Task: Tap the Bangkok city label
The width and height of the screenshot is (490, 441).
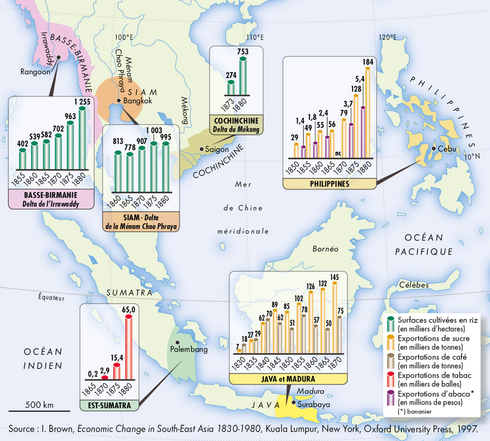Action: (x=138, y=101)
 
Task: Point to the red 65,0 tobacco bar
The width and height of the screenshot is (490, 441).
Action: (x=129, y=347)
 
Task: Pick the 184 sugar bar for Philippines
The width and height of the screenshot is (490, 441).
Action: (x=367, y=112)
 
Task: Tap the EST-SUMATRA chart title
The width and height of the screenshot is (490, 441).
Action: (x=109, y=405)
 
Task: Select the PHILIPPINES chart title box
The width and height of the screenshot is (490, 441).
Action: (x=330, y=184)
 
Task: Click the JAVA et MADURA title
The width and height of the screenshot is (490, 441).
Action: (x=288, y=379)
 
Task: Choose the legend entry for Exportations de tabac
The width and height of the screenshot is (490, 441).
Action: (x=434, y=379)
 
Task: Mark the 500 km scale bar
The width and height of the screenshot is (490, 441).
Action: (x=39, y=410)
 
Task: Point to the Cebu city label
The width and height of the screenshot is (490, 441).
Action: (x=447, y=149)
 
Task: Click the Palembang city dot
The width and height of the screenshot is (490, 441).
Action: (x=177, y=342)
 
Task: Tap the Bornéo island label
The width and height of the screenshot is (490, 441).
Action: (x=325, y=249)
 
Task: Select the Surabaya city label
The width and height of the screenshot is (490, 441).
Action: (x=314, y=404)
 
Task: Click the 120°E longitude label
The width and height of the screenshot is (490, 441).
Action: (x=388, y=37)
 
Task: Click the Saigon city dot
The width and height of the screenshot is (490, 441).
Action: (x=202, y=149)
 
